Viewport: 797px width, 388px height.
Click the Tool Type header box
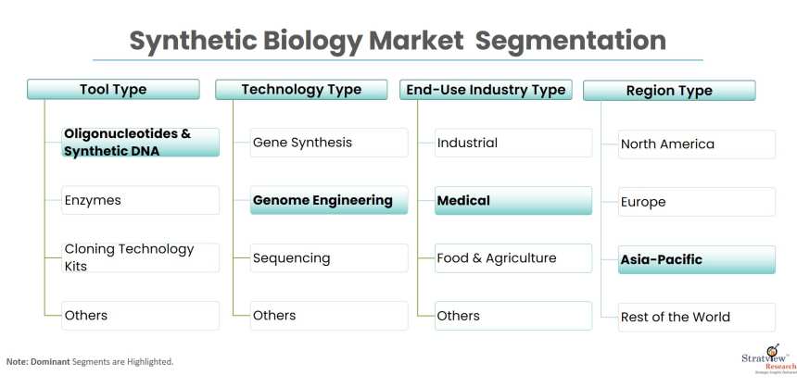[113, 90]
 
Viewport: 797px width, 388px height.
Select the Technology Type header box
[301, 90]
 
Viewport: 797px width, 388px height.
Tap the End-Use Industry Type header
[486, 90]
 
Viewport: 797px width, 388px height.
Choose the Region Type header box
[669, 91]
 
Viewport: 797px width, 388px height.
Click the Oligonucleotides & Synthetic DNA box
[140, 143]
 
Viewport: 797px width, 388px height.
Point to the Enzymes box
[140, 200]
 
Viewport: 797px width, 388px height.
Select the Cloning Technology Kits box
[140, 257]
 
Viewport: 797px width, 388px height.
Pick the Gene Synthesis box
[329, 143]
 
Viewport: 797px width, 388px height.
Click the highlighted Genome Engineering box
[329, 200]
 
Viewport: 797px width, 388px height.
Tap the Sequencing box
[329, 257]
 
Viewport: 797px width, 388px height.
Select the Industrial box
[512, 143]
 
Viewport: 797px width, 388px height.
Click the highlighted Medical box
[512, 200]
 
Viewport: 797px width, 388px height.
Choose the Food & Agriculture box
[512, 257]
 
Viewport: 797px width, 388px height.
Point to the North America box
[696, 144]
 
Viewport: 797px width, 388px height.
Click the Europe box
[696, 202]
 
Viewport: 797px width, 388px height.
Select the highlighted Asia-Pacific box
[696, 259]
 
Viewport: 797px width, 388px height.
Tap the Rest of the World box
[696, 317]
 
